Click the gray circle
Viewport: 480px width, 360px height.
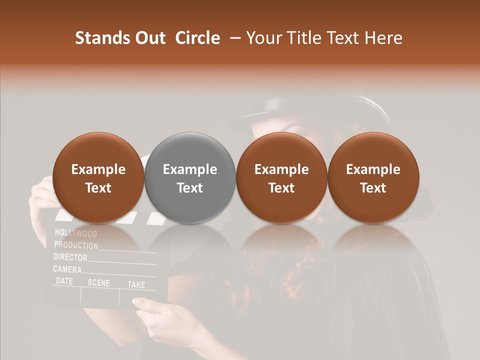[x=189, y=178]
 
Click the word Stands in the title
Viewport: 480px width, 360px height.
[x=103, y=38]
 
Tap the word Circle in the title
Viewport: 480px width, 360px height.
[x=197, y=38]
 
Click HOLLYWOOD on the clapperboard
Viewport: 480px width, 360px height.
[x=76, y=233]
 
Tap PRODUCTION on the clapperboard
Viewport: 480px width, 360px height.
[x=76, y=245]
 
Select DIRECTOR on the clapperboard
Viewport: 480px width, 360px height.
[x=70, y=257]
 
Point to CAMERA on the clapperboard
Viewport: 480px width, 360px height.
[x=67, y=269]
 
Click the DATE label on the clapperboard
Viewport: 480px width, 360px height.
[x=64, y=281]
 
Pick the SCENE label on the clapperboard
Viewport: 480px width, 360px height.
[x=98, y=283]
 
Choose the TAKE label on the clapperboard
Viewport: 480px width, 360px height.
[x=136, y=285]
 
